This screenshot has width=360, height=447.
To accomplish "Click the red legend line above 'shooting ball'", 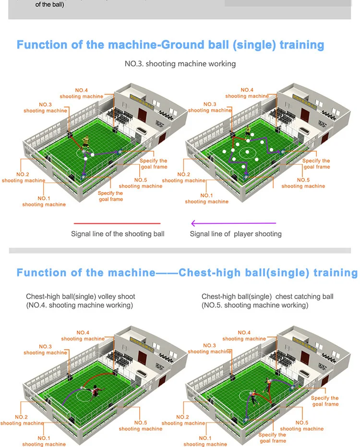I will pyautogui.click(x=117, y=223).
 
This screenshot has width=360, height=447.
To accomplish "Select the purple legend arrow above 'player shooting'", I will pyautogui.click(x=233, y=223).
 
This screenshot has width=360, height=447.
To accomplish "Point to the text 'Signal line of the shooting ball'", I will pyautogui.click(x=118, y=234).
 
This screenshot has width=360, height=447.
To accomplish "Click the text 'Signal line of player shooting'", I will pyautogui.click(x=236, y=234).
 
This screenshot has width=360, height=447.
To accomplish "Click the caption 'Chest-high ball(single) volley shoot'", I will pyautogui.click(x=81, y=297).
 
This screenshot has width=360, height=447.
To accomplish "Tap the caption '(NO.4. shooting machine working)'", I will pyautogui.click(x=79, y=305).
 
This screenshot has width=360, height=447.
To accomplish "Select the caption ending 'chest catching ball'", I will pyautogui.click(x=267, y=297).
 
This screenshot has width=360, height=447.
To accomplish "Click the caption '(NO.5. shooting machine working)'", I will pyautogui.click(x=255, y=305).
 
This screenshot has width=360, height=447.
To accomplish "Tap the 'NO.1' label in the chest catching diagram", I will pyautogui.click(x=205, y=438).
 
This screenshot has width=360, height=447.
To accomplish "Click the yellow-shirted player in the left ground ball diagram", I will pyautogui.click(x=86, y=142).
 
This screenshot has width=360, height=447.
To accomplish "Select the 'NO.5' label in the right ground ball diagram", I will pyautogui.click(x=303, y=180).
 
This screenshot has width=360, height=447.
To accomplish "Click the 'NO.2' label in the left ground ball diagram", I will pyautogui.click(x=23, y=174).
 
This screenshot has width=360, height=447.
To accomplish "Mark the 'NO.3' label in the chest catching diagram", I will pyautogui.click(x=209, y=346).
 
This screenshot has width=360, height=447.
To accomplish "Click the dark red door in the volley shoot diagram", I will pyautogui.click(x=143, y=356).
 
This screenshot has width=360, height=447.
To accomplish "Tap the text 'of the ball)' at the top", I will pyautogui.click(x=50, y=5).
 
